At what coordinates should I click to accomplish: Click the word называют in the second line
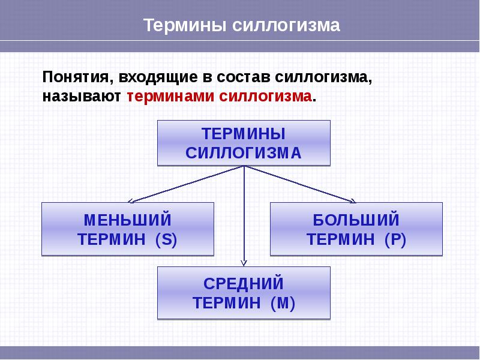[x=82, y=96]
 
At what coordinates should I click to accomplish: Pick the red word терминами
[x=170, y=96]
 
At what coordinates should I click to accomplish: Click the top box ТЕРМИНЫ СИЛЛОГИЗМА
[x=244, y=143]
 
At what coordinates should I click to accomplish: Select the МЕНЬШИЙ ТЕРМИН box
[x=127, y=229]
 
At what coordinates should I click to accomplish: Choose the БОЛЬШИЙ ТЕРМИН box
[x=356, y=229]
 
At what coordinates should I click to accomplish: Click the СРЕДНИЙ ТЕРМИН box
[x=244, y=293]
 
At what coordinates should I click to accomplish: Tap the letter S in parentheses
[x=165, y=239]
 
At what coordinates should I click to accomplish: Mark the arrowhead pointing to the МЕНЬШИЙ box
[x=132, y=200]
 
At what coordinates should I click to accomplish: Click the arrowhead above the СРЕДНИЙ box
[x=244, y=262]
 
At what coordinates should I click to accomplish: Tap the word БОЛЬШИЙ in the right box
[x=356, y=220]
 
